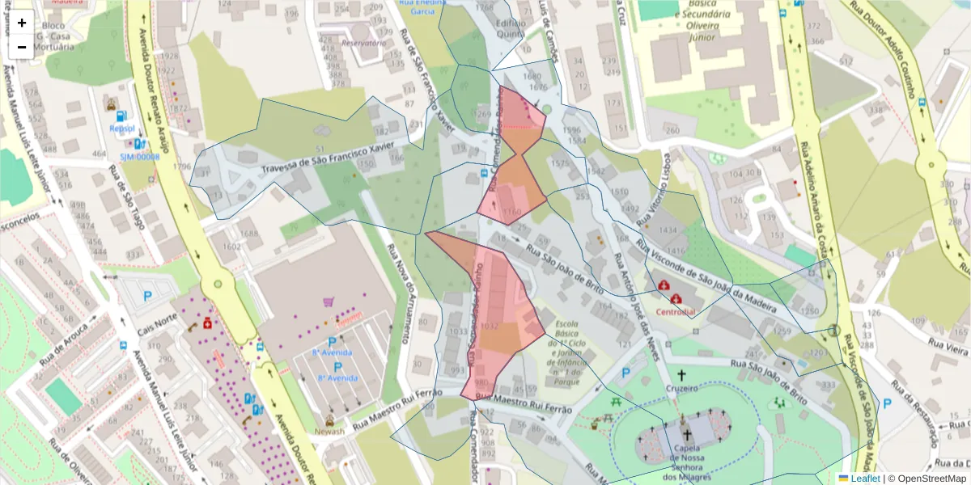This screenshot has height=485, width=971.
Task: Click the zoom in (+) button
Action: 22,23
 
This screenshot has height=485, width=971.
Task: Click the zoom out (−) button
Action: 22,47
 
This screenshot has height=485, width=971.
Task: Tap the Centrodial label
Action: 676,311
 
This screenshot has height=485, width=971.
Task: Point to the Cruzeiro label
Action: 681,389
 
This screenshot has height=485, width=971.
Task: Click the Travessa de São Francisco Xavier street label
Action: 333,158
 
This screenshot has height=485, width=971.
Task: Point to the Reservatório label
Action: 364,42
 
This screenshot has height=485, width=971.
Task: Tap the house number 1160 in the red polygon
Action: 511,212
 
